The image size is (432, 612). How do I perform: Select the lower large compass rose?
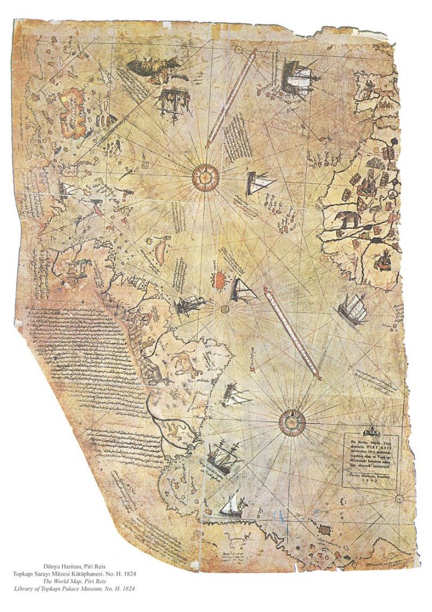pyautogui.click(x=292, y=422)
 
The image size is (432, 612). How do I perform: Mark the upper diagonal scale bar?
pyautogui.click(x=232, y=98)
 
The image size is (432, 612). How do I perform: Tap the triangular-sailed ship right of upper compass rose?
pyautogui.click(x=260, y=182)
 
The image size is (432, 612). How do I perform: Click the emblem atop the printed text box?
pyautogui.click(x=371, y=432)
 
